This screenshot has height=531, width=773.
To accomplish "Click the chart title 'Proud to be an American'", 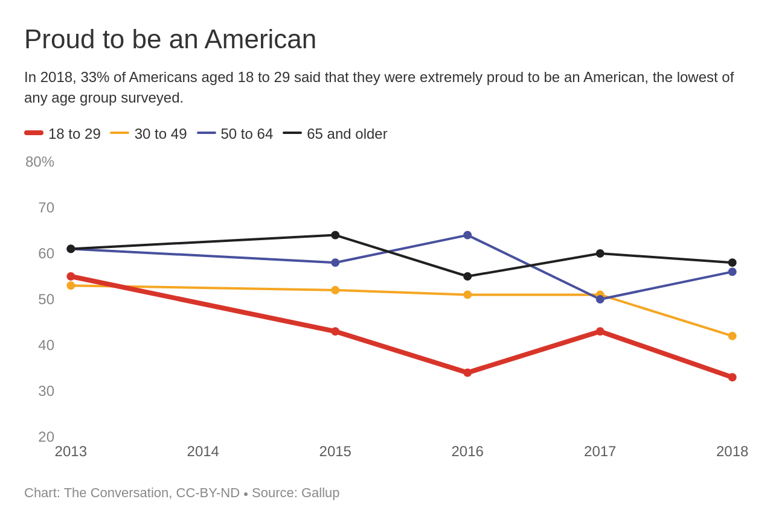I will (x=170, y=40).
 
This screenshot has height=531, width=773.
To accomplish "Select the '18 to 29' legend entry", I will (x=62, y=133).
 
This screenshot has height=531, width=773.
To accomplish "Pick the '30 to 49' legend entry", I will (x=149, y=133).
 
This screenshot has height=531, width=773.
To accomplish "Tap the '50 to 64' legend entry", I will (x=235, y=133).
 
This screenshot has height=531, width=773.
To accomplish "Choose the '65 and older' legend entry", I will (x=335, y=133).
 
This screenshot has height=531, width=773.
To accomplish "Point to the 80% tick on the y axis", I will (x=40, y=162).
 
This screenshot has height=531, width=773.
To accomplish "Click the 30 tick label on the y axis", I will (x=46, y=391).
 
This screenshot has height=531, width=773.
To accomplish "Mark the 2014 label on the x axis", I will (x=203, y=451).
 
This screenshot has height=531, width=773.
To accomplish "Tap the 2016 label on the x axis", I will (x=467, y=451).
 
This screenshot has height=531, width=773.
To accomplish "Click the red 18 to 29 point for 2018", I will (x=732, y=377).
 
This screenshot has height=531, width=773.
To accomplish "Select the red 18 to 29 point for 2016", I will (x=467, y=373).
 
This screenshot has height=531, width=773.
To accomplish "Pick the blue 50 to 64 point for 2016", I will (x=467, y=235).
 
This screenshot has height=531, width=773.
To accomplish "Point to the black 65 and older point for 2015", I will (x=335, y=235).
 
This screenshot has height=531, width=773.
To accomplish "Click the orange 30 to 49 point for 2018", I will (x=732, y=336).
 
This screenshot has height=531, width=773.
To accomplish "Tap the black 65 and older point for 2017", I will (x=600, y=253).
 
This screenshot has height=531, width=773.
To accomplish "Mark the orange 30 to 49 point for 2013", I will (x=71, y=285).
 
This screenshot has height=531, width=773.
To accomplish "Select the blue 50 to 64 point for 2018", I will (x=732, y=272).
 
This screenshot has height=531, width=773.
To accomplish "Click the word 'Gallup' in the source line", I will (x=320, y=493).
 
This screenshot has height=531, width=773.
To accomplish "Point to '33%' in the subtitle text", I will (x=95, y=77).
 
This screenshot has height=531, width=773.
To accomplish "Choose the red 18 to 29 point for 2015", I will (x=335, y=331).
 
